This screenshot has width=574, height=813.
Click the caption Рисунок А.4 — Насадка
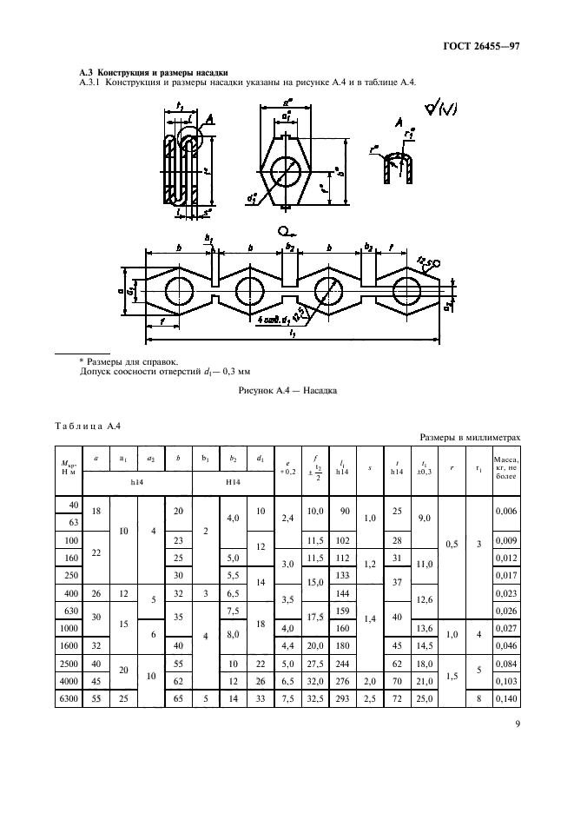pyautogui.click(x=287, y=391)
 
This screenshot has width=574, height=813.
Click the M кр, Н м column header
pyautogui.click(x=68, y=466)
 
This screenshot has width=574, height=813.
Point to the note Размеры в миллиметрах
pyautogui.click(x=470, y=439)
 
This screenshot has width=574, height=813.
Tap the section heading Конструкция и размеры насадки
pyautogui.click(x=154, y=72)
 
